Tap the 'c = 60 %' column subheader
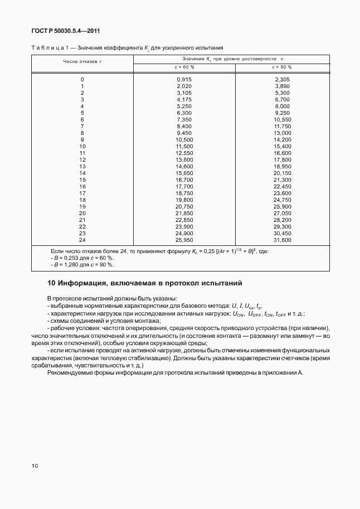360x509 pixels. (183, 67)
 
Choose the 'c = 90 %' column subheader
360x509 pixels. (282, 67)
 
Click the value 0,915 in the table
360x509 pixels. (184, 80)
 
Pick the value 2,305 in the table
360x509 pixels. (283, 80)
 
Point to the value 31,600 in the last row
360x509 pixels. (282, 240)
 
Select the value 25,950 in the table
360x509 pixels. (184, 240)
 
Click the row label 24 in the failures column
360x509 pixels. (82, 240)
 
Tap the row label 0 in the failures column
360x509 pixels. (82, 80)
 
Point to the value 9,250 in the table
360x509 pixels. (283, 113)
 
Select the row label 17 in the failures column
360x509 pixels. (82, 193)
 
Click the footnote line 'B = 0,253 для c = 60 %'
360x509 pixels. (82, 258)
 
